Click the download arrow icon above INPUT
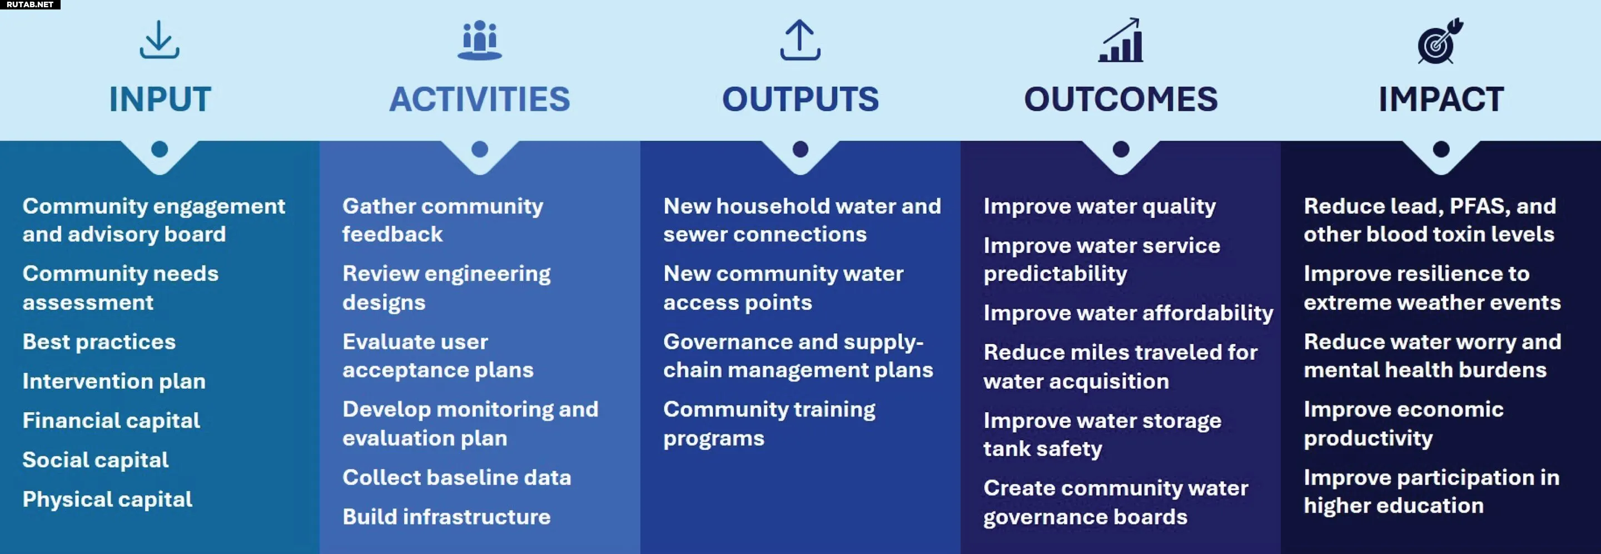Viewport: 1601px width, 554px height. point(160,40)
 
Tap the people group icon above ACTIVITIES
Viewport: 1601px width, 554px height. point(480,41)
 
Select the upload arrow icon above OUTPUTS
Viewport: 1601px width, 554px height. point(800,41)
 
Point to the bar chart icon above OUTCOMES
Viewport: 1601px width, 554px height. point(1121,41)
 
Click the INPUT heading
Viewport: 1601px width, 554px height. point(160,100)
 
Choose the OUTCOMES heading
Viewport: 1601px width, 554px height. point(1121,100)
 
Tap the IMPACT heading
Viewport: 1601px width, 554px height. point(1441,100)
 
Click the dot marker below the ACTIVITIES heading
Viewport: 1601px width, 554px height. point(480,149)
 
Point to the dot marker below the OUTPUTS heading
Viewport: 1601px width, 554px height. point(800,149)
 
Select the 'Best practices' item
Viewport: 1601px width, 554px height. point(100,342)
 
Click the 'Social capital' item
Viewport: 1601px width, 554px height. point(96,460)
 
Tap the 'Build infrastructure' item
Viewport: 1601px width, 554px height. point(447,517)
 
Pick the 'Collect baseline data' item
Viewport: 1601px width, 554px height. point(457,478)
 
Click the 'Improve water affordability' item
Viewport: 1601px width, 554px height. point(1128,313)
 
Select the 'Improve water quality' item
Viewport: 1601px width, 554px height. point(1100,206)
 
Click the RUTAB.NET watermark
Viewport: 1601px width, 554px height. point(30,4)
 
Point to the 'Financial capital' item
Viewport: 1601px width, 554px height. point(111,421)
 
